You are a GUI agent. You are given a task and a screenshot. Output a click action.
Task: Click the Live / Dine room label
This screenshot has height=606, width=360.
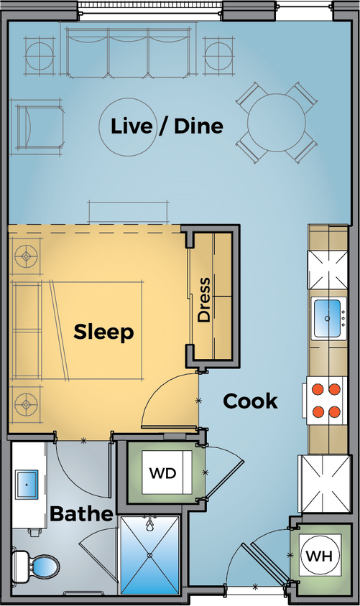tap(167, 126)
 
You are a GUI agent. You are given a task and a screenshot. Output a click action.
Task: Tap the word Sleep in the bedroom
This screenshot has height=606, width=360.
tap(104, 332)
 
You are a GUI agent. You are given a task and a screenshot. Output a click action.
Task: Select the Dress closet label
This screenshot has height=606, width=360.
tap(205, 299)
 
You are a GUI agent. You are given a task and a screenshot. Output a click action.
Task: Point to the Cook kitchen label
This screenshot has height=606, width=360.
tap(249, 401)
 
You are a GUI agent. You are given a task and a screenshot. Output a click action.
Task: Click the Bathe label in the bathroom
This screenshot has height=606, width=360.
tap(81, 514)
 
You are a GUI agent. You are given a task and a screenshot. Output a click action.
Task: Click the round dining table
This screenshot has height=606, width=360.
tap(277, 122)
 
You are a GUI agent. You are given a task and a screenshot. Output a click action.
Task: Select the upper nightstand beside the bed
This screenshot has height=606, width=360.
tap(27, 255)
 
